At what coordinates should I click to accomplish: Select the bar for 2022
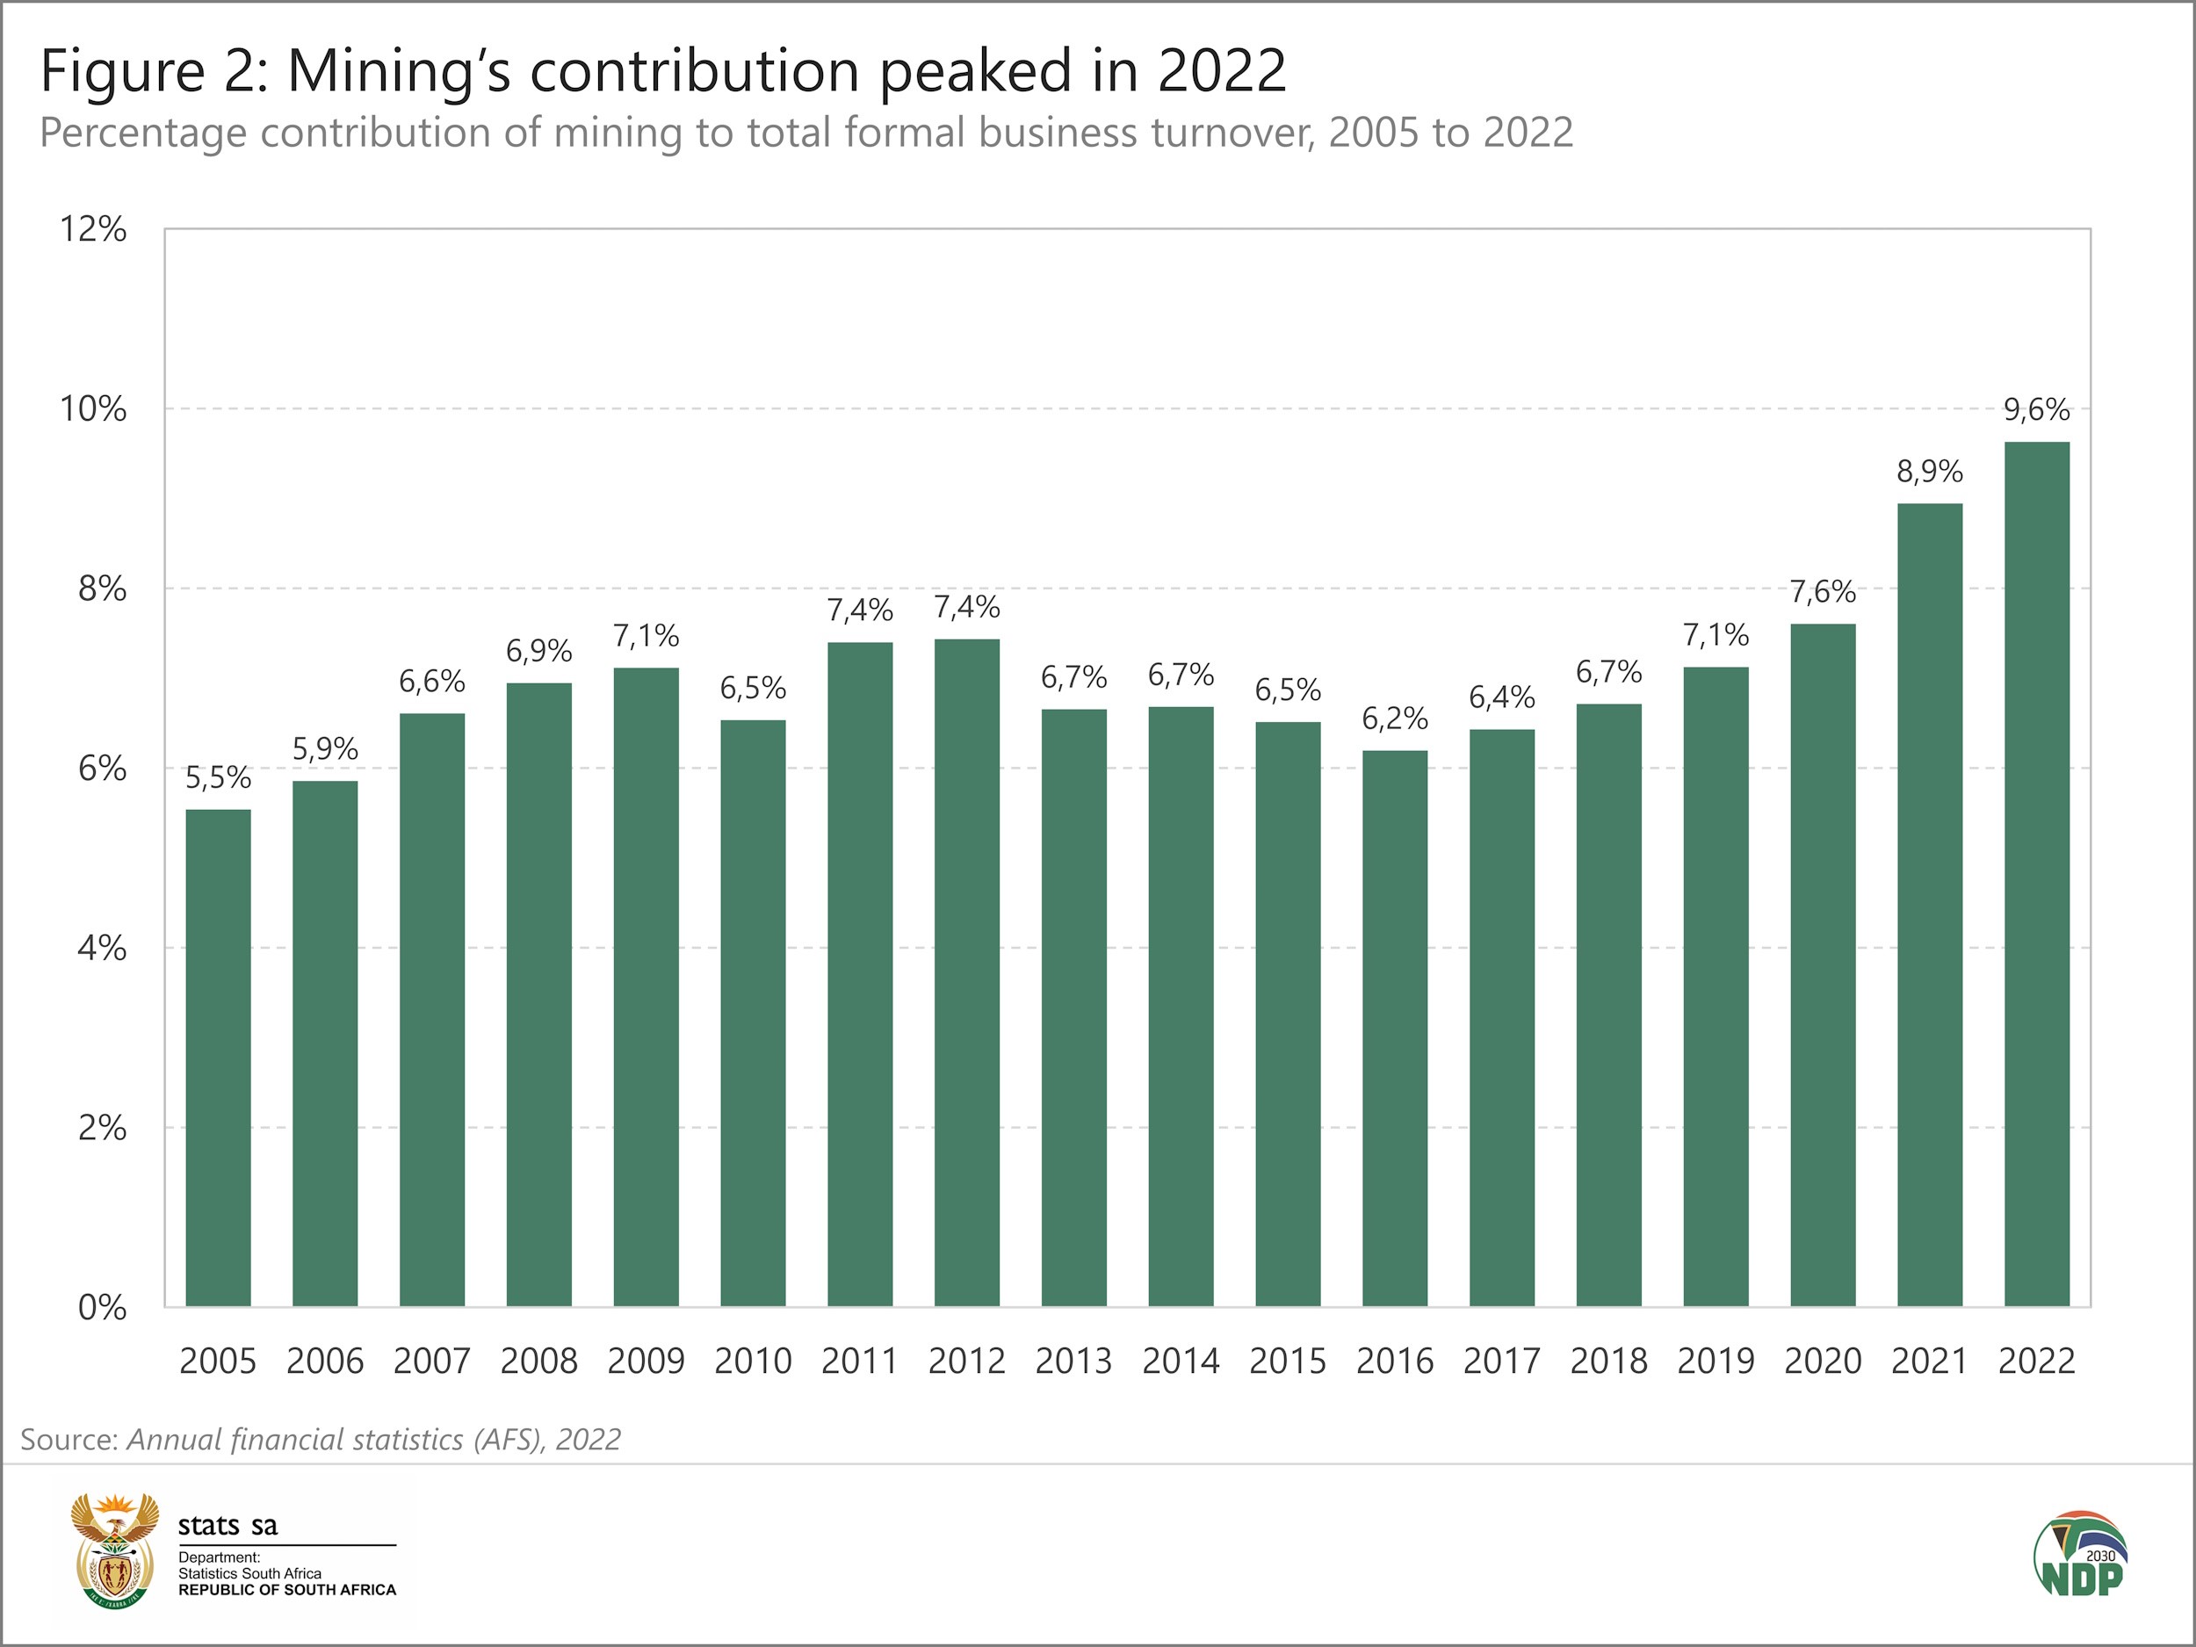2036,874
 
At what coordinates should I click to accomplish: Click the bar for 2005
219,1058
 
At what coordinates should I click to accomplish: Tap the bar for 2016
1395,1028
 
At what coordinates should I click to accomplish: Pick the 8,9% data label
1929,472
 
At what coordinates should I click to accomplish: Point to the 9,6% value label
2036,409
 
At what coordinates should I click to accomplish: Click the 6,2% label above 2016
1395,718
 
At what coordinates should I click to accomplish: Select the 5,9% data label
325,748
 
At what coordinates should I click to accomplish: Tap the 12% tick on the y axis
93,229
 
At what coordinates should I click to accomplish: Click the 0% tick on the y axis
101,1307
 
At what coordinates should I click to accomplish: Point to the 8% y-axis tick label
101,589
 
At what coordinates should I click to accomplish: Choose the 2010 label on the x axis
753,1360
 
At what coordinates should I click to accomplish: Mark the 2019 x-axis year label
1716,1360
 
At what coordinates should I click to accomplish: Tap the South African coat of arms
114,1550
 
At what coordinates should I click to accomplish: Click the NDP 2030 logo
2079,1556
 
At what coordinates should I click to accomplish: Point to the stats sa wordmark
228,1525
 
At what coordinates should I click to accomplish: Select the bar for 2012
967,973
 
